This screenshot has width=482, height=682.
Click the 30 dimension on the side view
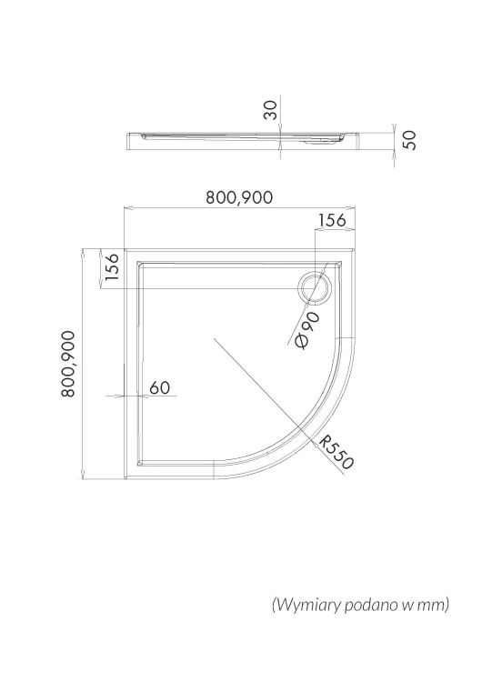(270, 110)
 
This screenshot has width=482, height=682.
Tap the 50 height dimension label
(409, 140)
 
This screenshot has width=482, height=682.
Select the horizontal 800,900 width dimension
(239, 197)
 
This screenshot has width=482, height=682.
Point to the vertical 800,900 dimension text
(68, 364)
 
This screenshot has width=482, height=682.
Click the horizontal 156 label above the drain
(332, 220)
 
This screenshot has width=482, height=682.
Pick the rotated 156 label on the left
(111, 266)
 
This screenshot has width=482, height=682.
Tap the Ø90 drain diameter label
(307, 330)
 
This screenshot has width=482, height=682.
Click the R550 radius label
(336, 452)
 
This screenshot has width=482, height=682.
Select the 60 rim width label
(160, 387)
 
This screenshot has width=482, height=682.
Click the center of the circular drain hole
(315, 288)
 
